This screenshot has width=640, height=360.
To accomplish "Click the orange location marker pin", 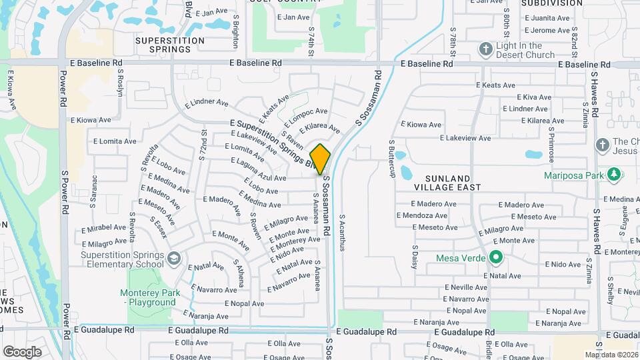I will (x=320, y=159).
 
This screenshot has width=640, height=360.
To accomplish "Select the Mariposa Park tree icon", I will (x=613, y=175).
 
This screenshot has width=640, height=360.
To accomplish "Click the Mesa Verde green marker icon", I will (x=495, y=257).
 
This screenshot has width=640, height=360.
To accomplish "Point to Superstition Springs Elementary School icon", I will (x=173, y=258).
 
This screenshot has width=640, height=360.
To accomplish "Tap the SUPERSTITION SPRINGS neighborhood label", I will (x=169, y=45).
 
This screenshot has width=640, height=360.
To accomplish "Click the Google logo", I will (x=22, y=351).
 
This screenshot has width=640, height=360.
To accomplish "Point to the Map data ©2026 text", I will (x=611, y=355).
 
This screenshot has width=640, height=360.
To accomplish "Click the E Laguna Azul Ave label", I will (x=258, y=170).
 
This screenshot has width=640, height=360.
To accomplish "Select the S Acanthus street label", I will (x=343, y=232).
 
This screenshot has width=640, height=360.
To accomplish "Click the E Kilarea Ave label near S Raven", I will (x=319, y=127).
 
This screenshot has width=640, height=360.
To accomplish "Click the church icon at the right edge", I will (x=602, y=145).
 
